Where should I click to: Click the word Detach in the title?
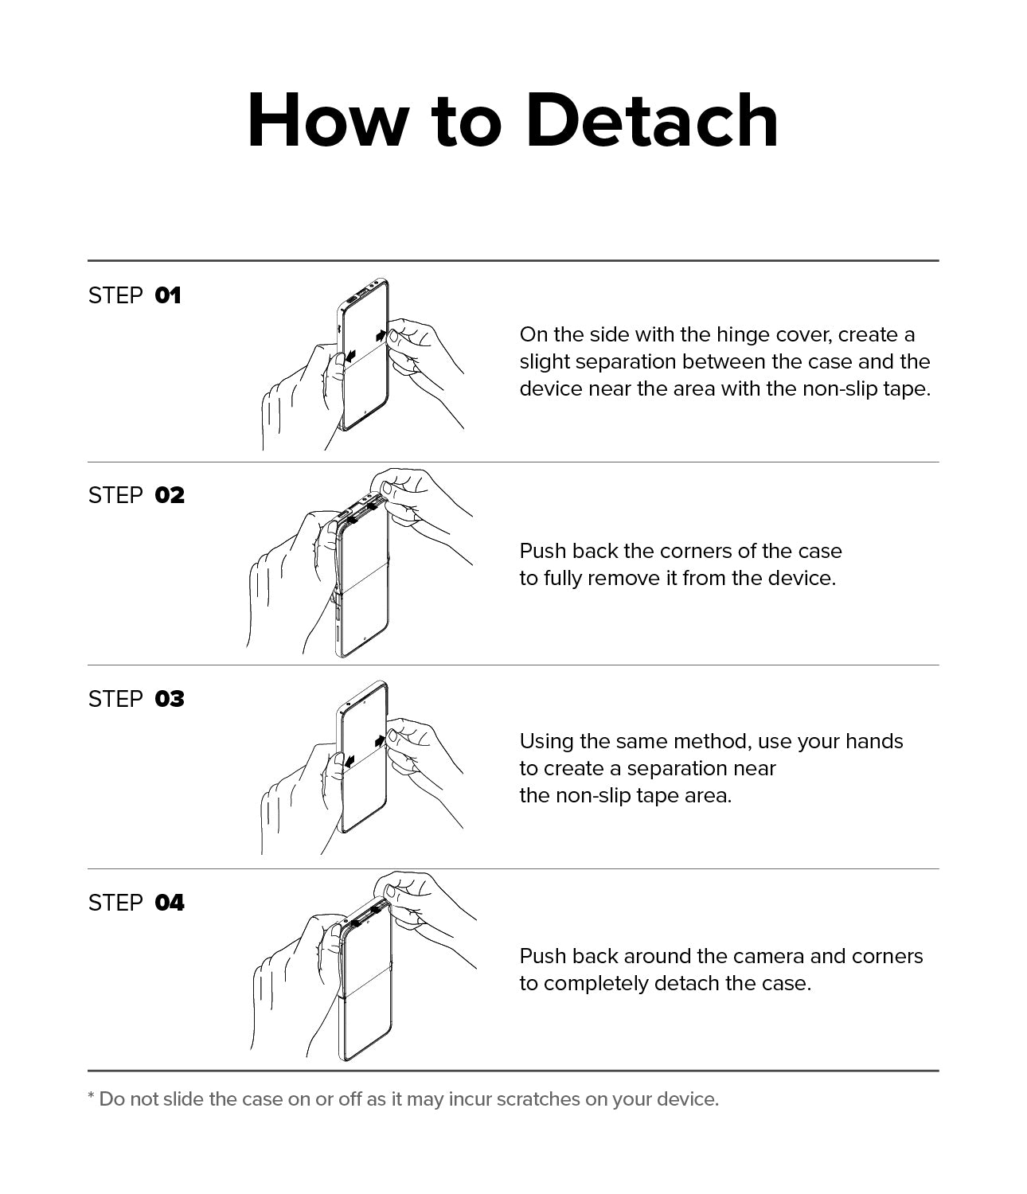[x=652, y=121]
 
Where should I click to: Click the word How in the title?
[x=325, y=121]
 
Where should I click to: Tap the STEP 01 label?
[x=135, y=296]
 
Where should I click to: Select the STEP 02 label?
[x=136, y=496]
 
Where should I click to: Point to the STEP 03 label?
[x=136, y=699]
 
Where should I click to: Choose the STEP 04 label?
[x=136, y=903]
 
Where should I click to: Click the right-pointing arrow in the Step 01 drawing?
[x=381, y=335]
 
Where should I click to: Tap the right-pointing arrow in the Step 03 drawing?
[x=380, y=741]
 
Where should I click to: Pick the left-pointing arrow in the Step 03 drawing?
[x=349, y=763]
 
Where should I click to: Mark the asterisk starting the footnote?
[x=92, y=1095]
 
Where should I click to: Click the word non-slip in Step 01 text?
[x=840, y=388]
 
